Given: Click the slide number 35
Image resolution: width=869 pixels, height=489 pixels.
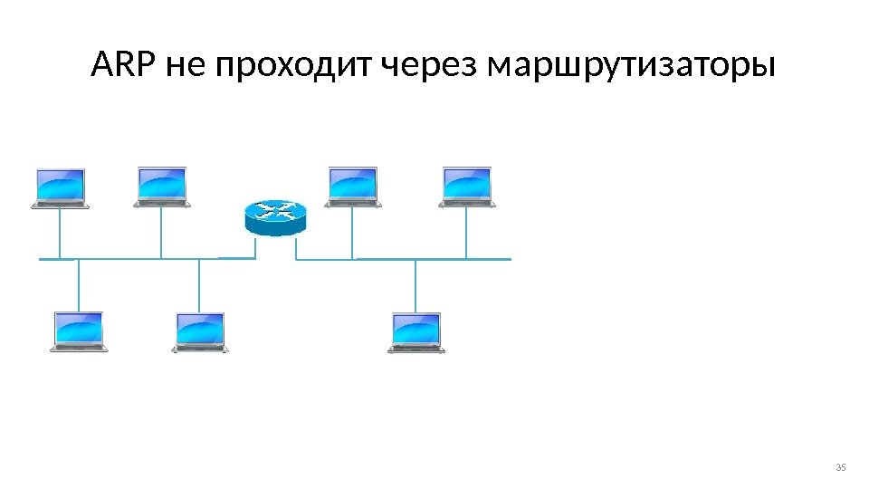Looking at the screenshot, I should [x=839, y=467].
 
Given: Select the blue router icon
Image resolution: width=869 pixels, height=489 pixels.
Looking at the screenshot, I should [x=275, y=218].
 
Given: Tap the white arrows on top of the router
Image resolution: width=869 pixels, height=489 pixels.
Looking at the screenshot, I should [x=275, y=211].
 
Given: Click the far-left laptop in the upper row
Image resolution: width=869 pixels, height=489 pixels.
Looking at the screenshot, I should [x=60, y=187].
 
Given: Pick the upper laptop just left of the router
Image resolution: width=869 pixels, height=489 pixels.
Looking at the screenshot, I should [x=162, y=187].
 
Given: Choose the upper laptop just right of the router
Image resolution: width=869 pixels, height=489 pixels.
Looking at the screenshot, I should [x=353, y=187].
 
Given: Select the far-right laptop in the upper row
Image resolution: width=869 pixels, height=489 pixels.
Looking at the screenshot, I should [x=466, y=187].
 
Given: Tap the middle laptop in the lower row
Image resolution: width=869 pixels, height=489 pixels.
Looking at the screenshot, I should [x=200, y=331].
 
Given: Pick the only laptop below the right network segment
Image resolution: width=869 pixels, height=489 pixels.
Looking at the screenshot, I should [x=416, y=331].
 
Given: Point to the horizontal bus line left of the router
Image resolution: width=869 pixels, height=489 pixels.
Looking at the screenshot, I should [x=136, y=258].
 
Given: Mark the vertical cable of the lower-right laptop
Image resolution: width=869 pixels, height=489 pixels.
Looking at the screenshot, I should [x=416, y=285].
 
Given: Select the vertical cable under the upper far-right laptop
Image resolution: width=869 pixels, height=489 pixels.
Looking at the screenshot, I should [x=466, y=234].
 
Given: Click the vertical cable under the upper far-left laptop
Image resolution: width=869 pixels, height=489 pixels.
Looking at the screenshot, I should [x=60, y=234].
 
